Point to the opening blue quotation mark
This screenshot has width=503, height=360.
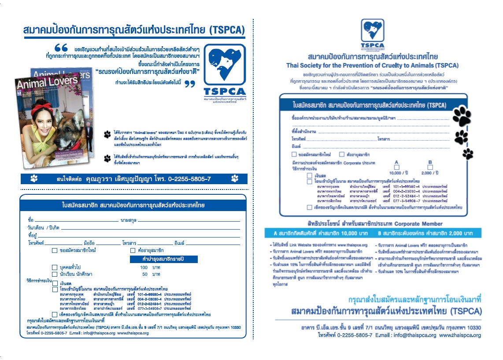click(x=61, y=47)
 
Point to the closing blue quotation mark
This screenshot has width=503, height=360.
click(x=189, y=84)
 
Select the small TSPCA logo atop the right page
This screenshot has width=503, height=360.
click(x=372, y=33)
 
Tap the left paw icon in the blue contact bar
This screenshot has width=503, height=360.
click(x=34, y=178)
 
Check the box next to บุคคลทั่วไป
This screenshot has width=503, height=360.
click(x=55, y=267)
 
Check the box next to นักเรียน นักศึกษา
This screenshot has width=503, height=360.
click(x=55, y=274)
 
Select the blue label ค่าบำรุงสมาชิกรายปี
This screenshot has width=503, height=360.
click(x=163, y=260)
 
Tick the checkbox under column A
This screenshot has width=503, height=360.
click(x=396, y=167)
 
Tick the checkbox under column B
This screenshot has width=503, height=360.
click(x=430, y=167)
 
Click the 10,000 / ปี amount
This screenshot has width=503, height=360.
click(x=398, y=173)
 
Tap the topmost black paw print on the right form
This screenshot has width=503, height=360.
click(x=462, y=116)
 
